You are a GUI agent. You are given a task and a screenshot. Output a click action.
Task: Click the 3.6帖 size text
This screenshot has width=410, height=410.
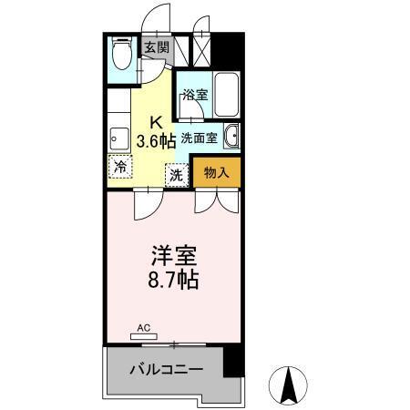click(156, 140)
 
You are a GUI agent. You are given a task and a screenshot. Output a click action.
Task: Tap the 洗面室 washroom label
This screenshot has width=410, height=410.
click(198, 138)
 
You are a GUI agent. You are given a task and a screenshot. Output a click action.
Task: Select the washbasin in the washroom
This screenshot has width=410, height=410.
click(231, 136)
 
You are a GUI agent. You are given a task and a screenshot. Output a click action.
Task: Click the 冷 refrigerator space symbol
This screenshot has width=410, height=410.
click(119, 167)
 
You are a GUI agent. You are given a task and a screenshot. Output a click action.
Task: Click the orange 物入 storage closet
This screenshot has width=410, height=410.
click(216, 172)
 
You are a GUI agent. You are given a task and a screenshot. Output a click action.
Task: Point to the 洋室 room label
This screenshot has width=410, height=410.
click(171, 254)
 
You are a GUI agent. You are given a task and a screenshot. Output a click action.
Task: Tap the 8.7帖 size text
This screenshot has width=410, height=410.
click(170, 278)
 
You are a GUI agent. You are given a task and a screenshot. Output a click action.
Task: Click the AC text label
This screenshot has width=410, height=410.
click(143, 326)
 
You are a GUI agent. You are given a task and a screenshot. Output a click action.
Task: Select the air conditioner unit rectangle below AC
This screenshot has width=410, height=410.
click(143, 336)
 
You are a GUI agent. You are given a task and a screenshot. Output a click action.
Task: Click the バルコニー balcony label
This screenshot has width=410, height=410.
click(164, 369)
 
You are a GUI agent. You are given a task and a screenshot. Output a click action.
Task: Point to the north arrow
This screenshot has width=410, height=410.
click(291, 385)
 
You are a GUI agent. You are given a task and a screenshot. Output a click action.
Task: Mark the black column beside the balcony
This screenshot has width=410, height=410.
click(234, 360)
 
